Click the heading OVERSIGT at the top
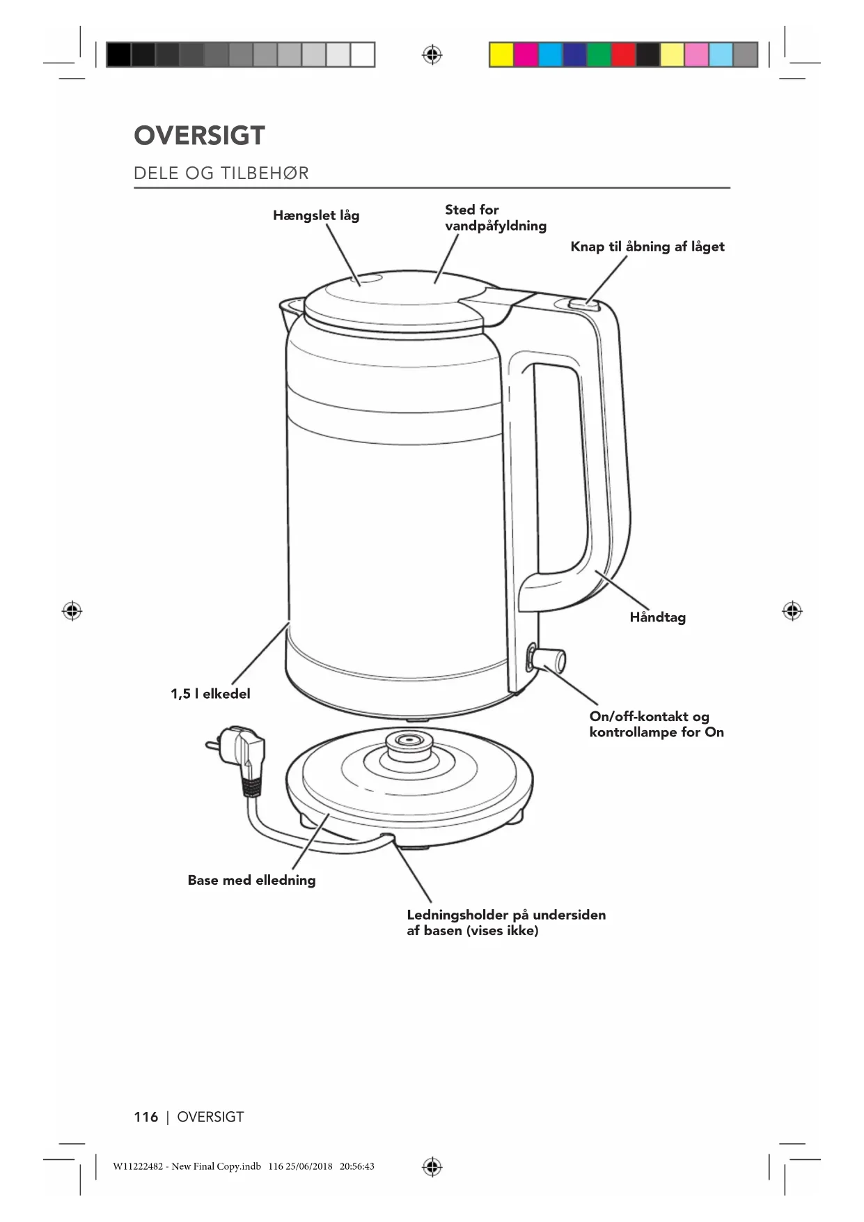point(199,136)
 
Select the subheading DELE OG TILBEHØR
point(221,173)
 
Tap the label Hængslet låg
point(316,215)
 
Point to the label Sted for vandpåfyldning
point(495,217)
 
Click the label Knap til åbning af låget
point(647,247)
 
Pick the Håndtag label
point(657,617)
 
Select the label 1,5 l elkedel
point(210,694)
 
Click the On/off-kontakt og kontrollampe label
point(656,725)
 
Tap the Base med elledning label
point(251,880)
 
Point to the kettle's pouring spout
point(288,307)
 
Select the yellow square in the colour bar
point(501,54)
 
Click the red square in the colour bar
point(623,54)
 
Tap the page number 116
point(146,1117)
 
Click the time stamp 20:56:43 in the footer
point(356,1166)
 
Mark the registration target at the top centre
point(432,54)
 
